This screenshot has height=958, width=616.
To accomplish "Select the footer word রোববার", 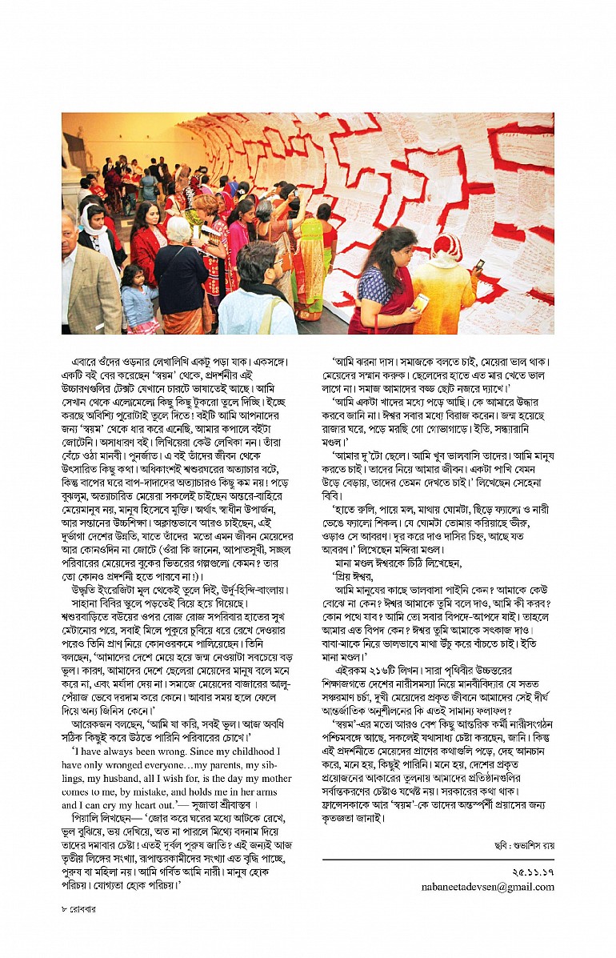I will point(83,909).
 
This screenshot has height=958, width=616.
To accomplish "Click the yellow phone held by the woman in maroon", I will point(422,303).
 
